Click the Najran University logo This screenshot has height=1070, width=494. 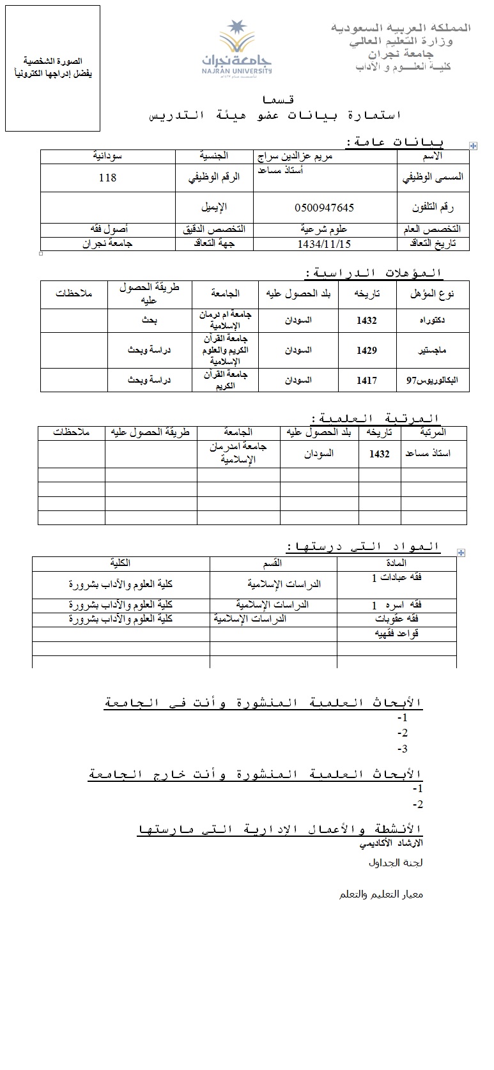coord(237,48)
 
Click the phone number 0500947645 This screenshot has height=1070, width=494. coord(325,208)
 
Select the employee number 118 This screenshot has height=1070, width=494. coord(107,178)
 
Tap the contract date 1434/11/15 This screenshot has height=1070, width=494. coord(325,243)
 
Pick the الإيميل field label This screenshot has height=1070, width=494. coord(215,208)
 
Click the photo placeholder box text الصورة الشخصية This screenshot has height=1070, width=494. coord(52,60)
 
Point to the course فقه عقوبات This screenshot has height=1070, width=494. coord(398,619)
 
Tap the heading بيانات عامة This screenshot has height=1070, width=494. coord(394,141)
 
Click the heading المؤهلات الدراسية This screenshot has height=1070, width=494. coord(374,273)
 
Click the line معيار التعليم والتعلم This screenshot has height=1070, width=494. coord(381,894)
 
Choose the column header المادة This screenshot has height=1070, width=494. coord(397,563)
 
